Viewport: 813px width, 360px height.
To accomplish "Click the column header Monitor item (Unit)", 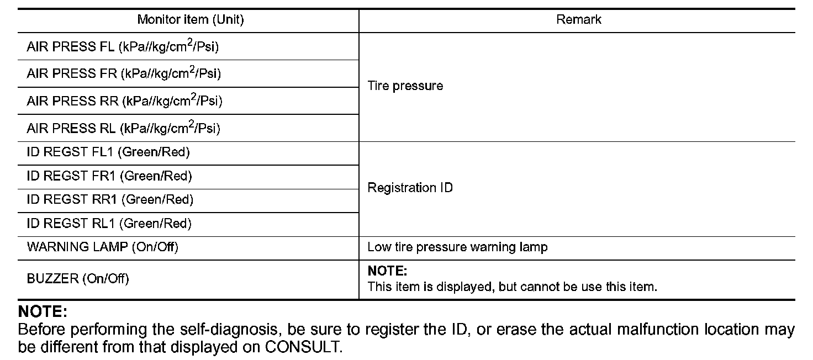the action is [x=191, y=20].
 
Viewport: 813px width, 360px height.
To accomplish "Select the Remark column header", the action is [x=578, y=20].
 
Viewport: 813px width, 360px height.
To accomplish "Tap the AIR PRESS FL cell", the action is [x=123, y=47].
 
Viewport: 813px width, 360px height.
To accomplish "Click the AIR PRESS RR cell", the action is [x=125, y=101].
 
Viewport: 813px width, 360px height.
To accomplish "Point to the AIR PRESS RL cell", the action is [x=123, y=129].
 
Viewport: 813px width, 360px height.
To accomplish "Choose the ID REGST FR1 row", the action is [x=109, y=176].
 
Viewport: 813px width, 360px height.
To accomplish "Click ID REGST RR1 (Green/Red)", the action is [x=110, y=199].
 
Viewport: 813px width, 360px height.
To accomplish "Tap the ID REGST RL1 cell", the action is [x=109, y=224].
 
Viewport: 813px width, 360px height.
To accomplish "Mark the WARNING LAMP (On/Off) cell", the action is [x=103, y=247].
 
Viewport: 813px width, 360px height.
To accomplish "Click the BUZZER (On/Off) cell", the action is [x=78, y=279].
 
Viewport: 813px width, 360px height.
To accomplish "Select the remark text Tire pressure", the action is [x=405, y=86].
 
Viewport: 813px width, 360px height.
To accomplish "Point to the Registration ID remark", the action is [x=410, y=188].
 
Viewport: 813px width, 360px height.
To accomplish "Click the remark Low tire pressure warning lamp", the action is [x=457, y=247].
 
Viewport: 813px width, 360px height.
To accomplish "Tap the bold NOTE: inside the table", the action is [x=387, y=272].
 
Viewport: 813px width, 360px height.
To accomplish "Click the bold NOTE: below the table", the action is [x=43, y=313].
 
